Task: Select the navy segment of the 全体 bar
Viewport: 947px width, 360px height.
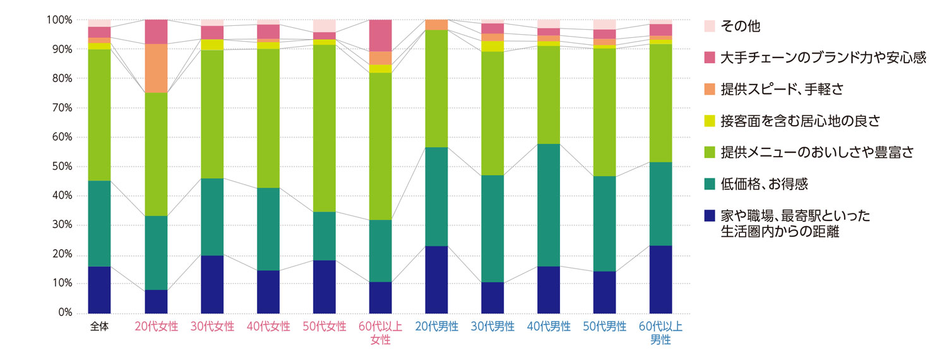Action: point(99,289)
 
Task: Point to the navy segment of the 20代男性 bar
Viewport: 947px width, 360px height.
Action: point(436,279)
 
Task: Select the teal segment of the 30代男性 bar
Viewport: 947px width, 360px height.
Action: point(492,229)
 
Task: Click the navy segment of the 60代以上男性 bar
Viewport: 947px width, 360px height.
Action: point(661,279)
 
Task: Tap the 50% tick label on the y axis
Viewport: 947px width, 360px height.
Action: point(59,167)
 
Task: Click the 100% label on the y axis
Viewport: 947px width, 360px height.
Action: point(57,20)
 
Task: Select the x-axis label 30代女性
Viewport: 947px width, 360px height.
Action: point(212,327)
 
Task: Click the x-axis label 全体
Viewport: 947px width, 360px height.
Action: point(99,327)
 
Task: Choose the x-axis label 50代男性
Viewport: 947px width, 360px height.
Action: point(605,327)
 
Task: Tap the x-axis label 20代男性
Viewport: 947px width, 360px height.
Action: point(436,327)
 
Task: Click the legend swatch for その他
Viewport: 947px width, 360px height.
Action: point(710,26)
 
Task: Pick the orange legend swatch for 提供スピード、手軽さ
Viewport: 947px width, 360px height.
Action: point(710,89)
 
